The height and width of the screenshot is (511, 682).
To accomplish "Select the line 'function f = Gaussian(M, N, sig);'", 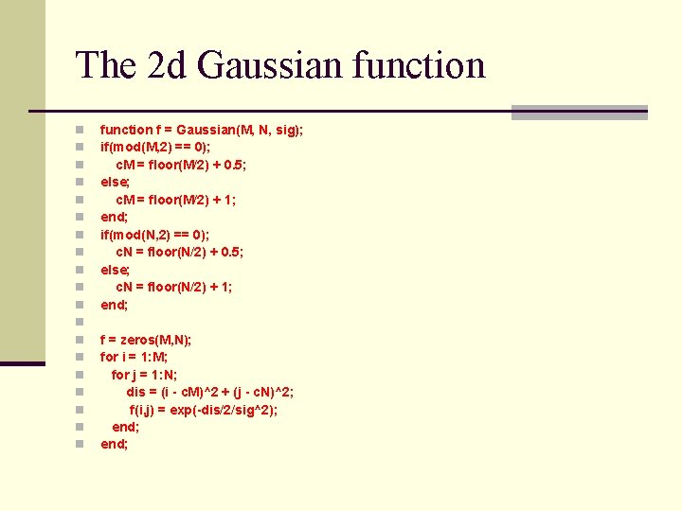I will pyautogui.click(x=202, y=130).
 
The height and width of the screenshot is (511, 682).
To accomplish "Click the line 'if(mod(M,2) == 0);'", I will pyautogui.click(x=155, y=147).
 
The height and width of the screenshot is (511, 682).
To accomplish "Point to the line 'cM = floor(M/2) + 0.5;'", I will pyautogui.click(x=181, y=165).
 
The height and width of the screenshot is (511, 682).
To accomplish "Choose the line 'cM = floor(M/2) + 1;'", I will pyautogui.click(x=176, y=200).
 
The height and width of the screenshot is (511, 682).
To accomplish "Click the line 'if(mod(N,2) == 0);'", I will pyautogui.click(x=155, y=234).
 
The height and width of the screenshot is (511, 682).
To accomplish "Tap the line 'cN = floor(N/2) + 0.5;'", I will pyautogui.click(x=180, y=252).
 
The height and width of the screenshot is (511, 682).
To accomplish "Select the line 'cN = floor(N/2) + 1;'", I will pyautogui.click(x=174, y=287).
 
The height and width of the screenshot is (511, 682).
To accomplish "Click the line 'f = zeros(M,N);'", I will pyautogui.click(x=146, y=339).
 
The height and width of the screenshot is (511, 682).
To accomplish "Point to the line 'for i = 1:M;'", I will pyautogui.click(x=135, y=357).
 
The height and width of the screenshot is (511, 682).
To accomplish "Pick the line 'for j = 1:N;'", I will pyautogui.click(x=144, y=374).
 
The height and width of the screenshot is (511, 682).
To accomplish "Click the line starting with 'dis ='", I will pyautogui.click(x=209, y=392).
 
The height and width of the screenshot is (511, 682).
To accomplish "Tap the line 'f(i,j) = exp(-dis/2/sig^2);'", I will pyautogui.click(x=204, y=410).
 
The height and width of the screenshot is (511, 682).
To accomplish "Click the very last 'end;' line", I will pyautogui.click(x=114, y=444).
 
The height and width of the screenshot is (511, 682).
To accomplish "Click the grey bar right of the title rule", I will pyautogui.click(x=579, y=112).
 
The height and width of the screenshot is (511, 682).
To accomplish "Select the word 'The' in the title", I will pyautogui.click(x=105, y=66).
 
